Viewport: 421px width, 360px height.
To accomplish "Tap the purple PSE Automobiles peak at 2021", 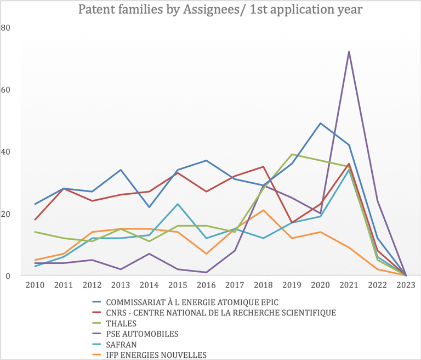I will coord(349,52).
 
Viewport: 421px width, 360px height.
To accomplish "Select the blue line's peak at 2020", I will coord(320,123).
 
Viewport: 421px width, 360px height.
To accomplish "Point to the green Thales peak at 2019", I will coord(292,154).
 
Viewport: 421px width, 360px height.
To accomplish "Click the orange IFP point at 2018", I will coord(263,210).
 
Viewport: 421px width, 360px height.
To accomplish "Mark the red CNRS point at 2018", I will coord(263,167).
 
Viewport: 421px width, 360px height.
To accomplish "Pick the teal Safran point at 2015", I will coord(178,204).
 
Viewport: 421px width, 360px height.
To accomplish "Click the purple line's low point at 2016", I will coord(206,272).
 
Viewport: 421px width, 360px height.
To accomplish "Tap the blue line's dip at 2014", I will coord(149,207).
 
